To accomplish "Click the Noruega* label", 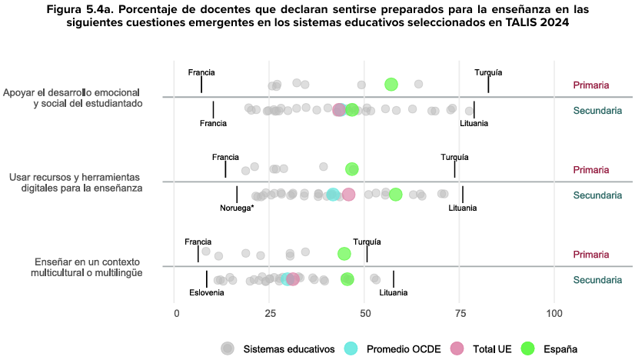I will pyautogui.click(x=237, y=208).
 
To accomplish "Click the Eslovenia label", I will pyautogui.click(x=207, y=292).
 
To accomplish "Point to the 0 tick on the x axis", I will pyautogui.click(x=177, y=313).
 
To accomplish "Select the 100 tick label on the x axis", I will pyautogui.click(x=554, y=313).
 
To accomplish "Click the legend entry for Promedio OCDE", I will pyautogui.click(x=393, y=348).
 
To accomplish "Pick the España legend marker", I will pyautogui.click(x=527, y=348).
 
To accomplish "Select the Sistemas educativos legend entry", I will pyautogui.click(x=288, y=348).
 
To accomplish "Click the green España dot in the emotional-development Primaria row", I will pyautogui.click(x=391, y=85).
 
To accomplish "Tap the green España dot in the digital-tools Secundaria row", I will pyautogui.click(x=395, y=195).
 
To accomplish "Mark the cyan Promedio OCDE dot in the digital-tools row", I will pyautogui.click(x=333, y=195).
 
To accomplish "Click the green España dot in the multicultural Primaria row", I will pyautogui.click(x=344, y=254).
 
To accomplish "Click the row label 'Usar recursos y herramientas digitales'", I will pyautogui.click(x=75, y=182).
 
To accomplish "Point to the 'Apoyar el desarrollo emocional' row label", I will pyautogui.click(x=73, y=98).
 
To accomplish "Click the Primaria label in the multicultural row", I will pyautogui.click(x=591, y=254).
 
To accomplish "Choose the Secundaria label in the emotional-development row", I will pyautogui.click(x=597, y=111).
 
